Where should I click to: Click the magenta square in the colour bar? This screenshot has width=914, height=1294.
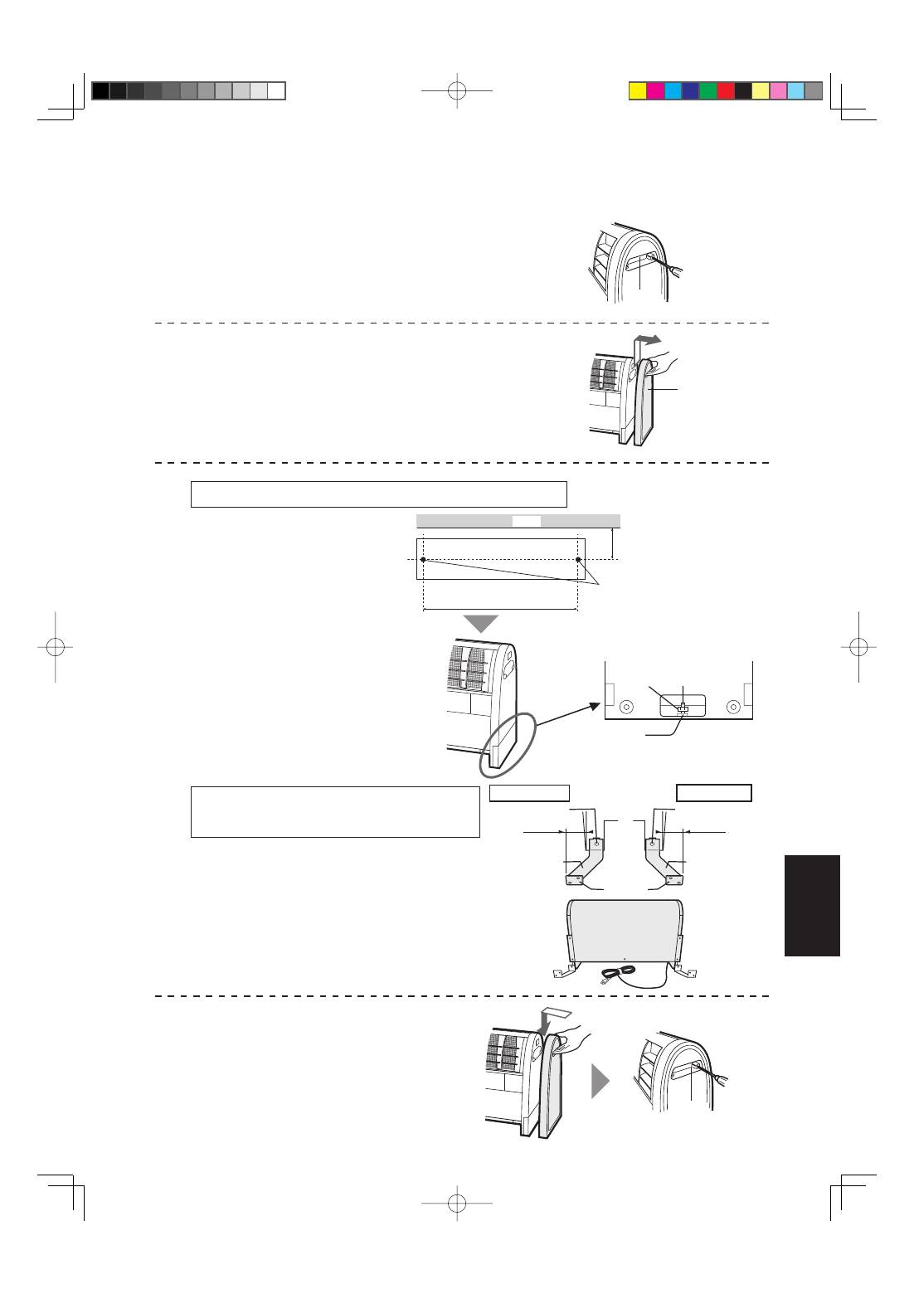(655, 91)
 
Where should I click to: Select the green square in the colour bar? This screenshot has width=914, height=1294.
(707, 91)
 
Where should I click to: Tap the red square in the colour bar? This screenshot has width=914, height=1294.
(726, 91)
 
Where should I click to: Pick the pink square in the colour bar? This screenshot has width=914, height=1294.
(778, 91)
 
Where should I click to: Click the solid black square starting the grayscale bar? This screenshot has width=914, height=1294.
(100, 91)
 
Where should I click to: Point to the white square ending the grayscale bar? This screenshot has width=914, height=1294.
(277, 91)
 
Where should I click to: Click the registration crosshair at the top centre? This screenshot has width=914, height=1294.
(457, 90)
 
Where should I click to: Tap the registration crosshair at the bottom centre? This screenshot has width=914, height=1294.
(457, 1202)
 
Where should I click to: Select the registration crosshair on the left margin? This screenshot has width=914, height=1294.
(55, 647)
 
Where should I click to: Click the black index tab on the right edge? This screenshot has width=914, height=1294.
(811, 905)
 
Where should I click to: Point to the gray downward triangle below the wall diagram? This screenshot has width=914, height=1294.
(480, 624)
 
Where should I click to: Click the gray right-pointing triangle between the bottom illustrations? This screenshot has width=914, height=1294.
(600, 1082)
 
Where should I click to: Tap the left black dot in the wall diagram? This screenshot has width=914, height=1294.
(423, 560)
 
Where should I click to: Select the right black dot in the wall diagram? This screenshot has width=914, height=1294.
(578, 560)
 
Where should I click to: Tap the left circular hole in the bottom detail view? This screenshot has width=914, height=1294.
(626, 707)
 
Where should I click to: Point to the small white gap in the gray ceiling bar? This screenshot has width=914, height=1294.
(526, 521)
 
